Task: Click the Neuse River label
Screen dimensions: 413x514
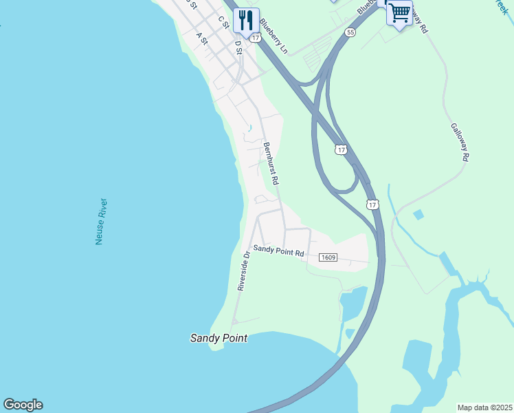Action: click(x=101, y=222)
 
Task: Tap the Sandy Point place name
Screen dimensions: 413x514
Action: click(x=218, y=338)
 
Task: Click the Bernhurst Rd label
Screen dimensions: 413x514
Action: click(x=270, y=164)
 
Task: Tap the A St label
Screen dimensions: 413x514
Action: click(x=202, y=38)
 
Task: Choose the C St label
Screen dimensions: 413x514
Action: click(x=223, y=22)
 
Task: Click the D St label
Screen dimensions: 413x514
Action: click(x=238, y=46)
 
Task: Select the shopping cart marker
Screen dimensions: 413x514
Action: click(x=399, y=12)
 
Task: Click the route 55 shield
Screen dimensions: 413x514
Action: click(x=351, y=32)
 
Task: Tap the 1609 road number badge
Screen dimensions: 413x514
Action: click(x=328, y=257)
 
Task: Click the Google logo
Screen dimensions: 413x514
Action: click(x=23, y=405)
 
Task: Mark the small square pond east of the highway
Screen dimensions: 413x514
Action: click(x=418, y=215)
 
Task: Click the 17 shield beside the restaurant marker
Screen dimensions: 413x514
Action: click(x=256, y=39)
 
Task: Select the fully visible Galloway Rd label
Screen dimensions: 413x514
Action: click(x=460, y=142)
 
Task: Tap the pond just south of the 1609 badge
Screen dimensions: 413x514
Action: click(x=353, y=301)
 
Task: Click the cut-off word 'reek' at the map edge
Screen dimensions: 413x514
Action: click(x=503, y=3)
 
